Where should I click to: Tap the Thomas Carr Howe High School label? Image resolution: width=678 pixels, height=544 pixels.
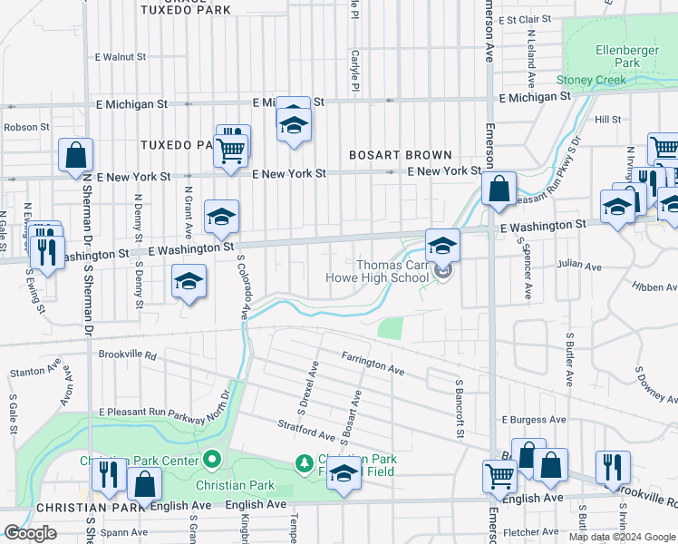pyautogui.click(x=392, y=271)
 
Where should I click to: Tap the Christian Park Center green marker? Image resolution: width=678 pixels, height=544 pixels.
pyautogui.click(x=212, y=460)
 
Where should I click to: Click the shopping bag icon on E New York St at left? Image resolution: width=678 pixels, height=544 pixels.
pyautogui.click(x=75, y=155)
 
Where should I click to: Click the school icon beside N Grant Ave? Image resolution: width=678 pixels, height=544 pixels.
pyautogui.click(x=189, y=283)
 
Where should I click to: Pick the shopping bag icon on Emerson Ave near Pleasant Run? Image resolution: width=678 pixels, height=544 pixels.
pyautogui.click(x=499, y=189)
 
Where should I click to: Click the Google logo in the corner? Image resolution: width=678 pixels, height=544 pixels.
pyautogui.click(x=30, y=533)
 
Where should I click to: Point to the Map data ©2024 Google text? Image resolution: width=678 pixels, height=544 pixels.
pyautogui.click(x=622, y=537)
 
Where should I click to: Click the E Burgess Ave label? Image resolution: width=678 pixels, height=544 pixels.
pyautogui.click(x=534, y=421)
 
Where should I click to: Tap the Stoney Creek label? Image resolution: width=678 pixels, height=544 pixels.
pyautogui.click(x=591, y=80)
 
